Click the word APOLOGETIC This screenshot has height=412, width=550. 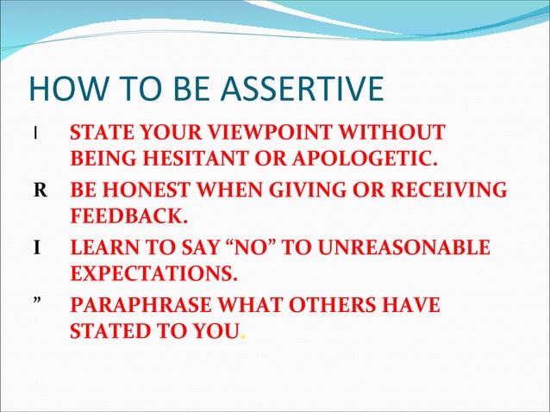(x=372, y=160)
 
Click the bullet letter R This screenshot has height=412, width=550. (x=40, y=190)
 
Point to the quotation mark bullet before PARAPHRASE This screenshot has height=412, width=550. (x=38, y=304)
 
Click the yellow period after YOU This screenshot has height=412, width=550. (x=243, y=338)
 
